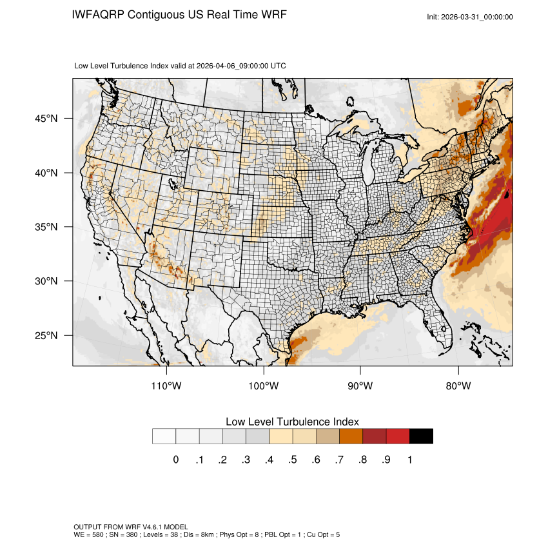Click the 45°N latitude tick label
(x=46, y=119)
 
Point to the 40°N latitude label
(x=46, y=173)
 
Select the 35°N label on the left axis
(x=46, y=227)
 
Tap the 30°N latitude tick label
(x=46, y=281)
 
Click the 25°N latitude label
(x=46, y=335)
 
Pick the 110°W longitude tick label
(x=167, y=386)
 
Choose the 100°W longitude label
(x=264, y=386)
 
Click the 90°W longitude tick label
(x=360, y=386)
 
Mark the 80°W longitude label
(x=458, y=386)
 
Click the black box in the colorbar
(x=421, y=436)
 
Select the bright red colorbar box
(x=398, y=436)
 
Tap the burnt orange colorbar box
(x=351, y=436)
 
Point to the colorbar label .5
(x=292, y=460)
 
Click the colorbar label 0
(x=175, y=460)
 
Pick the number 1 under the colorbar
(x=409, y=460)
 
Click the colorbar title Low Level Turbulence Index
(x=292, y=422)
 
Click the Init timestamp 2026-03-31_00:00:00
(x=478, y=17)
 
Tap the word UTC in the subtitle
(x=279, y=66)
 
